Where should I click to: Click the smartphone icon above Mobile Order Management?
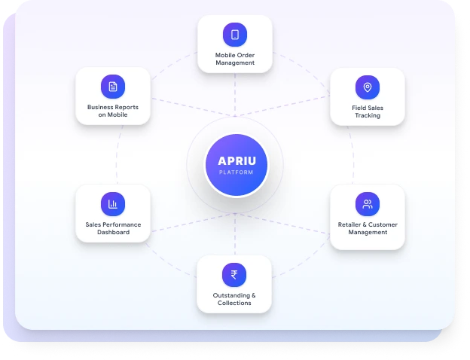235,35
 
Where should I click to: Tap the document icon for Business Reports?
113,87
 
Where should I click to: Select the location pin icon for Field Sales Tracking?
368,87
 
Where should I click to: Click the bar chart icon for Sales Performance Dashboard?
113,204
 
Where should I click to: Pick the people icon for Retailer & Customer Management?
368,204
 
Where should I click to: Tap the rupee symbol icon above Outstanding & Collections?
234,275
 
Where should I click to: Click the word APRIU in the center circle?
237,161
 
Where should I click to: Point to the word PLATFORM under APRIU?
237,172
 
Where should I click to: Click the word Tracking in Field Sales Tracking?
368,116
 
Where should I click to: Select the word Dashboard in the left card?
113,232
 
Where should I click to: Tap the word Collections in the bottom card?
234,303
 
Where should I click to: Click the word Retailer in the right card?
349,224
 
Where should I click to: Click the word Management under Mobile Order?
235,63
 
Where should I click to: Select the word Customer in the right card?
383,224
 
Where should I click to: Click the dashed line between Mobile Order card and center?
235,95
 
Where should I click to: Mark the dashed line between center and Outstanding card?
235,234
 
